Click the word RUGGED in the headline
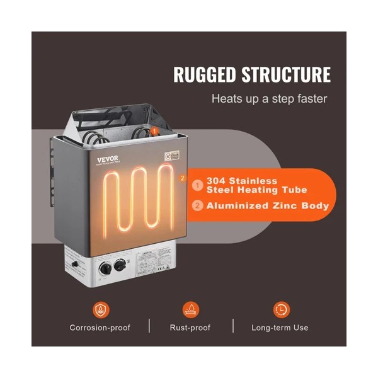coord(205,74)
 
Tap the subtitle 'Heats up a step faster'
coord(269,99)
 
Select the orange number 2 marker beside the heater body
coord(182,178)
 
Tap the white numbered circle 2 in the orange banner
coord(198,206)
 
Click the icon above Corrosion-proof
coord(101,309)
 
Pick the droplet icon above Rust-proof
coord(191,309)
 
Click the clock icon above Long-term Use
coord(282,309)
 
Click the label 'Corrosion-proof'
coord(101,328)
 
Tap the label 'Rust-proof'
coord(191,328)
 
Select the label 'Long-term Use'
coord(282,328)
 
